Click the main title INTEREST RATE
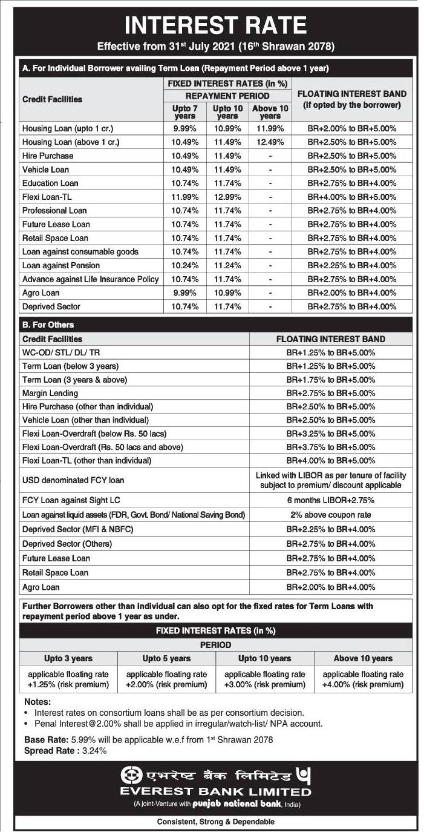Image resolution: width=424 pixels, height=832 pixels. pyautogui.click(x=215, y=25)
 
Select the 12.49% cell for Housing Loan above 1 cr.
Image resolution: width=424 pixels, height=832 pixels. pyautogui.click(x=270, y=142)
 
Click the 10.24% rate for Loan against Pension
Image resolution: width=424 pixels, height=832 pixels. pyautogui.click(x=185, y=265)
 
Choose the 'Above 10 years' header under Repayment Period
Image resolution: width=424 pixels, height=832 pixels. pyautogui.click(x=270, y=111)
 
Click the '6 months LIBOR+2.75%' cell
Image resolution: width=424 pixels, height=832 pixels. pyautogui.click(x=331, y=500)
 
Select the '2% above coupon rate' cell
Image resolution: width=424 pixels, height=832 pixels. pyautogui.click(x=331, y=515)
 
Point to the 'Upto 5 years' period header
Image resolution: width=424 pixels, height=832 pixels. pyautogui.click(x=166, y=658)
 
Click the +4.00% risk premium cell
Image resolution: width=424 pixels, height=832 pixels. pyautogui.click(x=363, y=679)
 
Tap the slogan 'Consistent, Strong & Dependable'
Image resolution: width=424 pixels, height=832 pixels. pyautogui.click(x=215, y=822)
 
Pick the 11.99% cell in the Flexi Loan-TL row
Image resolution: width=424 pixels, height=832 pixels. pyautogui.click(x=185, y=197)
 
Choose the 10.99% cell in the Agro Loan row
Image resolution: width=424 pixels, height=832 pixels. pyautogui.click(x=227, y=293)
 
